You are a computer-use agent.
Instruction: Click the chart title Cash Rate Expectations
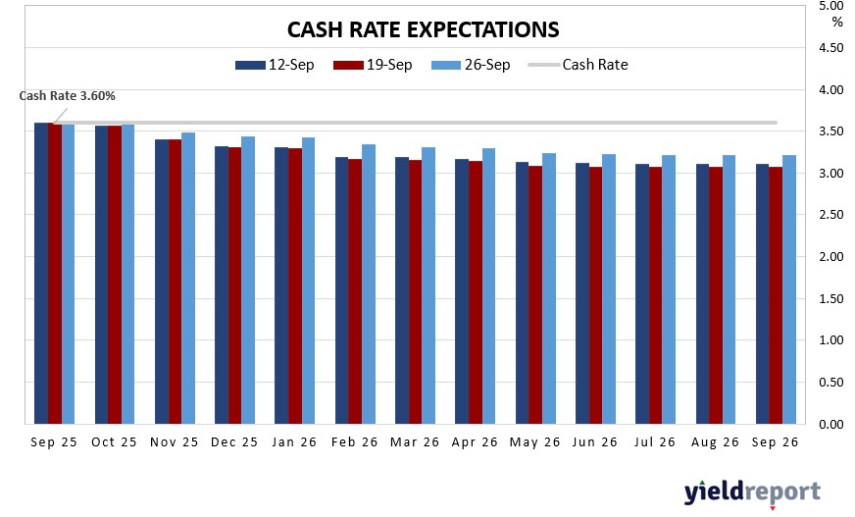423,29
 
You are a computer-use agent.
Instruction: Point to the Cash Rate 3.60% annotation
68,96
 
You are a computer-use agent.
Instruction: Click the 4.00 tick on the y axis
830,90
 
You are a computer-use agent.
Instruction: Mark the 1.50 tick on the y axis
830,299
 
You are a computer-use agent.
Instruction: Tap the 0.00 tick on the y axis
830,425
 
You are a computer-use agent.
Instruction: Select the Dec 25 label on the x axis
234,442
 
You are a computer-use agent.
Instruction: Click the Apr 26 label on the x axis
475,442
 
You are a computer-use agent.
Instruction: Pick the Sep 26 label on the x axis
775,442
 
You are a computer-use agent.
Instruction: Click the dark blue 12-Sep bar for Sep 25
41,274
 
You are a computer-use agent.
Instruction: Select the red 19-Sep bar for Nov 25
175,282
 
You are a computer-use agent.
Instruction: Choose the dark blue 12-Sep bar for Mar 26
402,290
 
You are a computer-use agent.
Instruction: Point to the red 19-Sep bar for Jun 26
596,295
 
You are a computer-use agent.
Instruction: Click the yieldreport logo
752,491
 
